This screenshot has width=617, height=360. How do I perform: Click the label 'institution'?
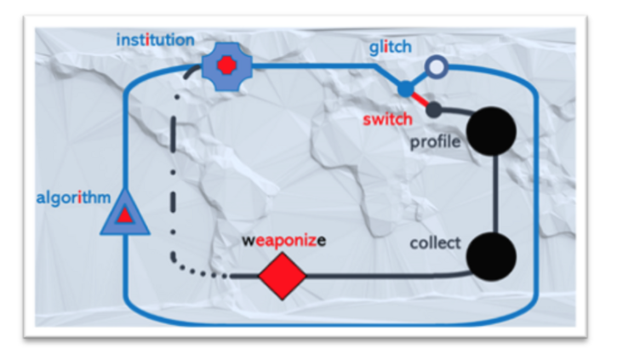pyautogui.click(x=155, y=39)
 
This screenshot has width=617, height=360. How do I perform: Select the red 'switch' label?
pyautogui.click(x=387, y=119)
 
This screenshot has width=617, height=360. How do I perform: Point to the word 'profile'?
pyautogui.click(x=435, y=141)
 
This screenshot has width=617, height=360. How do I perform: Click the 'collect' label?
pyautogui.click(x=435, y=243)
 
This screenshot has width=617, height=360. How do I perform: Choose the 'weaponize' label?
pyautogui.click(x=283, y=239)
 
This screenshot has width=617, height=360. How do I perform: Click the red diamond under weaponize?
pyautogui.click(x=282, y=276)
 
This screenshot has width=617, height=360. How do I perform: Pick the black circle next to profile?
pyautogui.click(x=492, y=132)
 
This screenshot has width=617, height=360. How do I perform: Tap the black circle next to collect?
pyautogui.click(x=492, y=254)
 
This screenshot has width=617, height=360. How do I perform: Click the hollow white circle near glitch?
pyautogui.click(x=436, y=66)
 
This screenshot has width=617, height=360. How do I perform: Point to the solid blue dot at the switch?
pyautogui.click(x=405, y=89)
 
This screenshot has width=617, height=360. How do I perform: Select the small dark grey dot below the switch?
pyautogui.click(x=433, y=110)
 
